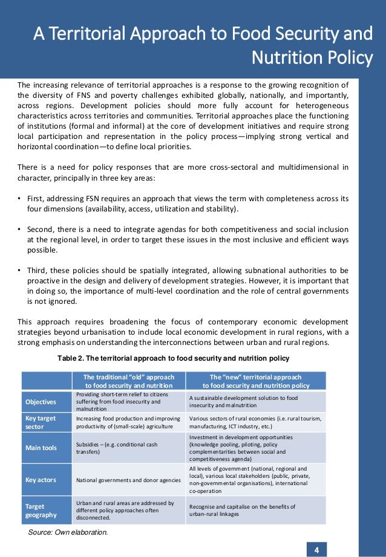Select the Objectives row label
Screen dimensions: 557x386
[41, 402]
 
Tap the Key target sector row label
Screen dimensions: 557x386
[41, 422]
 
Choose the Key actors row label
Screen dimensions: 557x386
[41, 480]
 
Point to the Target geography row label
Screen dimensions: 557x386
[41, 510]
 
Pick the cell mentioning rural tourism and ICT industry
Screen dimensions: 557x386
[255, 422]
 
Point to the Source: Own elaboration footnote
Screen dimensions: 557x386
[68, 533]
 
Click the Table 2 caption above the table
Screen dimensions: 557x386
[173, 358]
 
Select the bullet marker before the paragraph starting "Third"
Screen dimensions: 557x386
[20, 271]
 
